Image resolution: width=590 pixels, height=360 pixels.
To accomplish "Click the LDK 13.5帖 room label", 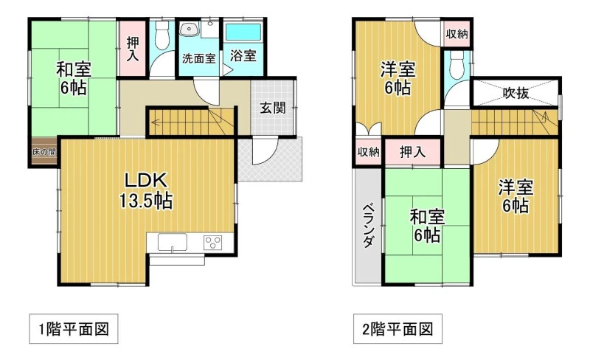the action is pos(146,191).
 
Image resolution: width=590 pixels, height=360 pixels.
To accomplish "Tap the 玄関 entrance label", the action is pos(273,108).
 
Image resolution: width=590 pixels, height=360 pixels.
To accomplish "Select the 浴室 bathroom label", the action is pos(243,56).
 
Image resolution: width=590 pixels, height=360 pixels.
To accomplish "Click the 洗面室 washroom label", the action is pos(198,58).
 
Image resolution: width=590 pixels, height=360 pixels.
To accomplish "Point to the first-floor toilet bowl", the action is pos(162,35).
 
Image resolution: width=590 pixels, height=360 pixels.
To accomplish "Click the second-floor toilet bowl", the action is pos(457,65).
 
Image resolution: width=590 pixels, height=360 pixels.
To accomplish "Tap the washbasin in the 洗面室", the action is pos(189,29).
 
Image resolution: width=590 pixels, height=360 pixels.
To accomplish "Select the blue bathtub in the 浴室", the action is pos(243,32).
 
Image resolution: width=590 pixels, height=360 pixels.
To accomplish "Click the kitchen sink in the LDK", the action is pos(173,242).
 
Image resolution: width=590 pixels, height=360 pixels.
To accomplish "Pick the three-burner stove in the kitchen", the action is pos(213,242).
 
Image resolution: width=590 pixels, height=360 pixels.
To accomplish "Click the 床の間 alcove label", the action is pos(44,152).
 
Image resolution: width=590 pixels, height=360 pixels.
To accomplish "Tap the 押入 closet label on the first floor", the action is pos(132,48).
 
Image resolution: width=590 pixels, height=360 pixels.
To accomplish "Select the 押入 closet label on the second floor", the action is pos(412,152).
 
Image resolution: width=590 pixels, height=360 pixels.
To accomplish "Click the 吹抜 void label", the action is pos(516,93).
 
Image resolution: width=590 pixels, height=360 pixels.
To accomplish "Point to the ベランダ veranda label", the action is pos(368,226).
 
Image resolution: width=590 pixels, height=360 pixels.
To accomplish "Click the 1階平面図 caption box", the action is pos(74,329).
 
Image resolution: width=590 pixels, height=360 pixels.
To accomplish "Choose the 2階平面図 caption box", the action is pos(398,329).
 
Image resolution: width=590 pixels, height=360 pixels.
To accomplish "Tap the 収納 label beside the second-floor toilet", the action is pos(457,34).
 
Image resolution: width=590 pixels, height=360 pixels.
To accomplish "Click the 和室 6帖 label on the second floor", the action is pos(427,226).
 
